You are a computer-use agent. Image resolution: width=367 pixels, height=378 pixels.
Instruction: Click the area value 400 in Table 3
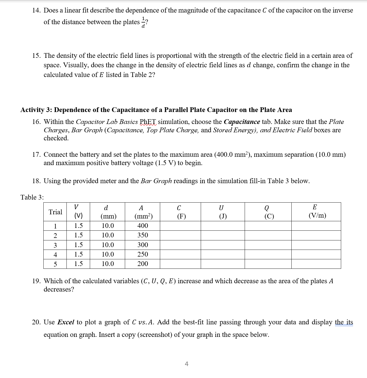pos(143,226)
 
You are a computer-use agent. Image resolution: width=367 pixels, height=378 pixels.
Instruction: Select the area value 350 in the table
pos(143,235)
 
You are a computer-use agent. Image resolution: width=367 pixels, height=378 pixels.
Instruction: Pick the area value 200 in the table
pos(143,264)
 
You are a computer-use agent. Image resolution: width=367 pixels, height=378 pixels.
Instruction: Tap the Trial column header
pos(55,212)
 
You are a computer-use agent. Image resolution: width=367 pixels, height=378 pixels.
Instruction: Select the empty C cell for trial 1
pos(180,226)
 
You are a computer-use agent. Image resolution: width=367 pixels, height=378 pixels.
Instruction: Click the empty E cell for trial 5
pos(316,264)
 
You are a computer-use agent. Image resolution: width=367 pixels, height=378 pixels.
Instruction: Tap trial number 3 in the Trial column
pos(55,245)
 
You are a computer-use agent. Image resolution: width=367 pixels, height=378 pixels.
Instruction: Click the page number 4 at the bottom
pos(187,364)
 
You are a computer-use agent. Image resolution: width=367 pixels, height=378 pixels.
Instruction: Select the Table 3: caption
pos(32,197)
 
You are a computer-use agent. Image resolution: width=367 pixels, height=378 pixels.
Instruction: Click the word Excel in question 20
pos(66,322)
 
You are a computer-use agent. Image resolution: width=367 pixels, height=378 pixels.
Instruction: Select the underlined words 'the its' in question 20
pos(344,322)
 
